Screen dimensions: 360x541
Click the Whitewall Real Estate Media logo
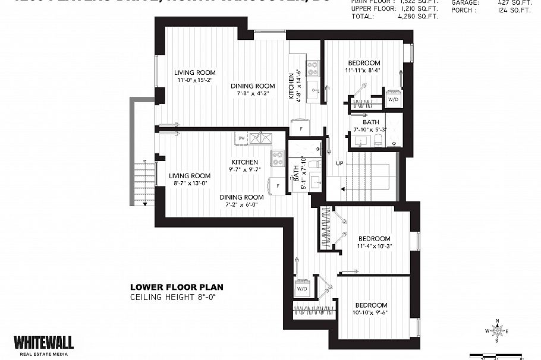pos(43,345)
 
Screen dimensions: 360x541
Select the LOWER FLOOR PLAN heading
pos(177,287)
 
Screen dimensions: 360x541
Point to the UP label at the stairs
pos(339,163)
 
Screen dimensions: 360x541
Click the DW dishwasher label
pos(241,138)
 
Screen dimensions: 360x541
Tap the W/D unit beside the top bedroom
pos(393,100)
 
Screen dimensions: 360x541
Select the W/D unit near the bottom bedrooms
pos(301,288)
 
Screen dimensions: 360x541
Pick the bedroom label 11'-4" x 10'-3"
pos(374,242)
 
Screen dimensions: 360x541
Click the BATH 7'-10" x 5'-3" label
pos(370,125)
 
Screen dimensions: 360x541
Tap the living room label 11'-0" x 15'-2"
pos(195,77)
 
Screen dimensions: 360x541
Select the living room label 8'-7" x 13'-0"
pos(189,179)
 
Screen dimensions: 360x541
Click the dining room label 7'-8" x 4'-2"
pos(253,90)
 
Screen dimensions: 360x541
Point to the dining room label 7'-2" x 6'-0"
pos(241,201)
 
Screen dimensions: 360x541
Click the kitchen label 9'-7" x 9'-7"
pos(244,166)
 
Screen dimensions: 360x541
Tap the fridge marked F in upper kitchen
pos(300,128)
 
